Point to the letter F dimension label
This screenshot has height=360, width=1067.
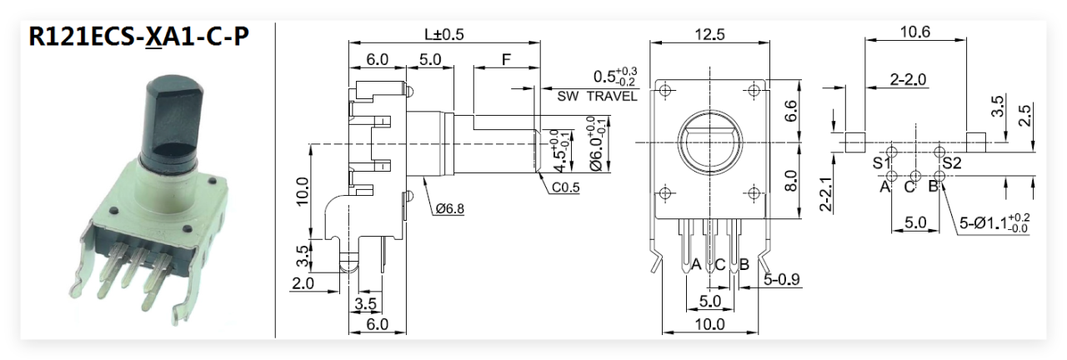click(x=506, y=60)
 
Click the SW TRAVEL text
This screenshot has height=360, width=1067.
click(x=597, y=97)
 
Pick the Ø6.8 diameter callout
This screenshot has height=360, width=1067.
click(x=450, y=208)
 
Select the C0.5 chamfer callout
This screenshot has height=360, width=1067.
click(x=564, y=187)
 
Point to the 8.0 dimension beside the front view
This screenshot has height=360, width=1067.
click(x=792, y=181)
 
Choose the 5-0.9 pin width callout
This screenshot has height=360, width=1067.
click(x=781, y=280)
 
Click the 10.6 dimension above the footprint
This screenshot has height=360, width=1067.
click(x=914, y=32)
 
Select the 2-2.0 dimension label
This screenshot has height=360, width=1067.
click(x=908, y=80)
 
